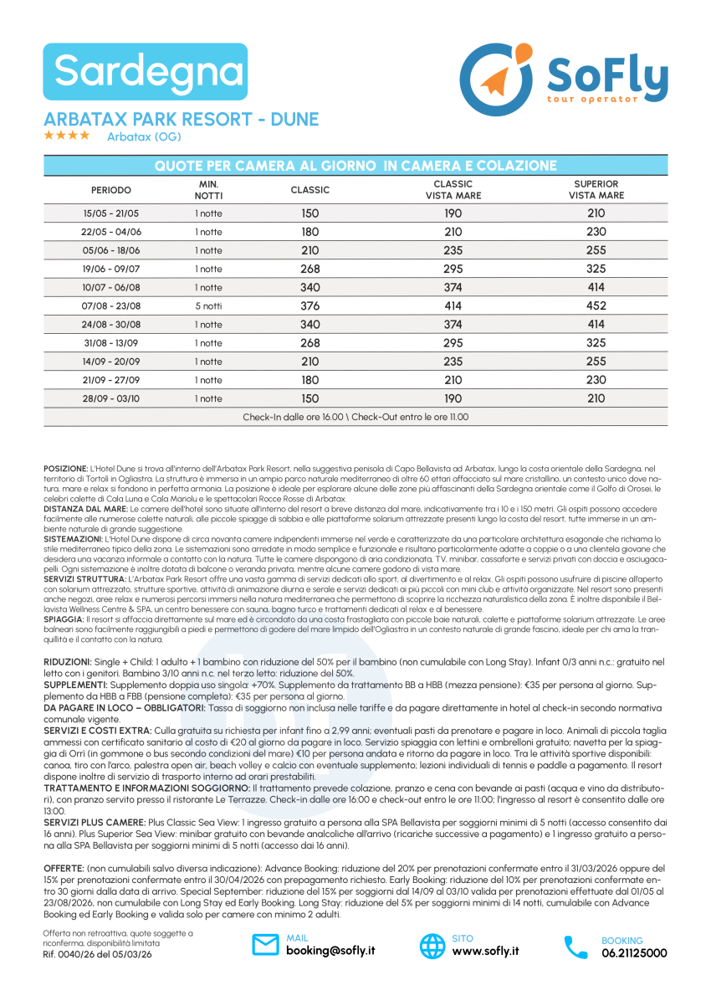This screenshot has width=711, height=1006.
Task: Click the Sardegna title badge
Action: click(x=146, y=72)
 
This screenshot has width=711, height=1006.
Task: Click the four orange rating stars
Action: click(x=67, y=136)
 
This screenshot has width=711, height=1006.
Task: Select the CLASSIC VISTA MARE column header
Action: click(x=453, y=190)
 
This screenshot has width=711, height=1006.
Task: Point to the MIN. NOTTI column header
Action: click(x=208, y=190)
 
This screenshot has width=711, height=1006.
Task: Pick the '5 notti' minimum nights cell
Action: click(x=208, y=305)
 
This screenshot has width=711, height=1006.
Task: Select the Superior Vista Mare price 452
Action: click(x=596, y=305)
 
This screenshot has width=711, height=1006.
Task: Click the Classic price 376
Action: click(x=309, y=305)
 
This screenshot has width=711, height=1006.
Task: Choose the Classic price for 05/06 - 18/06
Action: click(x=309, y=250)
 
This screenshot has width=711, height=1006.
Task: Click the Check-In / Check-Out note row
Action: click(x=355, y=417)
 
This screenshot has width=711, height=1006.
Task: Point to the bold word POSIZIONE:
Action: click(x=65, y=468)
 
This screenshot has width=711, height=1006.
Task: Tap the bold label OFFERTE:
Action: click(x=64, y=868)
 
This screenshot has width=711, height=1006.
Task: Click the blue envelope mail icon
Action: click(x=265, y=946)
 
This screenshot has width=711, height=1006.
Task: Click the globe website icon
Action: click(x=432, y=946)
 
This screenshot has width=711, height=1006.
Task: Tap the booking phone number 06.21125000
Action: click(x=634, y=952)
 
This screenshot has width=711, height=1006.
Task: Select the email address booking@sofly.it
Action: click(x=330, y=951)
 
